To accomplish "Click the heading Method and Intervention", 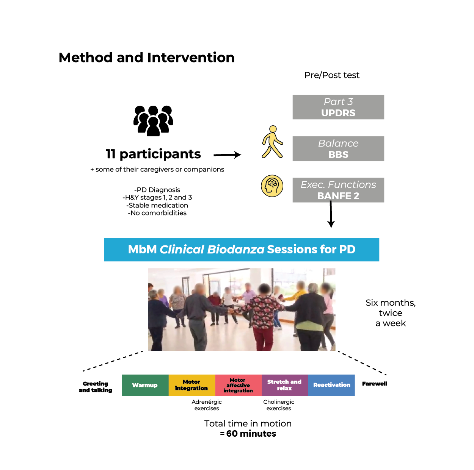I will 146,58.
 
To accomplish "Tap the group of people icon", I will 153,120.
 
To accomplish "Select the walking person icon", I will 272,142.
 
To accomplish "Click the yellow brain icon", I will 272,186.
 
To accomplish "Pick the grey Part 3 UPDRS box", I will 338,107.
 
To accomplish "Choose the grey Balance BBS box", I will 338,149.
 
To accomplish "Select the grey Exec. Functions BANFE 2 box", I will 338,190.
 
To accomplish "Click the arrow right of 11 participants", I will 227,155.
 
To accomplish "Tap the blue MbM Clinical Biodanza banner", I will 242,250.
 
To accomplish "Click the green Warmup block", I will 145,385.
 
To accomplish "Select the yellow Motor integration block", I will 191,385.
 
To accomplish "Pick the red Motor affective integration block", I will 238,385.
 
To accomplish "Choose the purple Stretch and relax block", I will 284,385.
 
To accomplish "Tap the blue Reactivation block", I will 331,385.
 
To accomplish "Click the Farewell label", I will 375,384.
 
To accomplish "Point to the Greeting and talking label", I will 96,387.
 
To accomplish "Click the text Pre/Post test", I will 332,75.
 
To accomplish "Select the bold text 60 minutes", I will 251,434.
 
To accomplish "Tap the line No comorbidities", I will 157,213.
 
